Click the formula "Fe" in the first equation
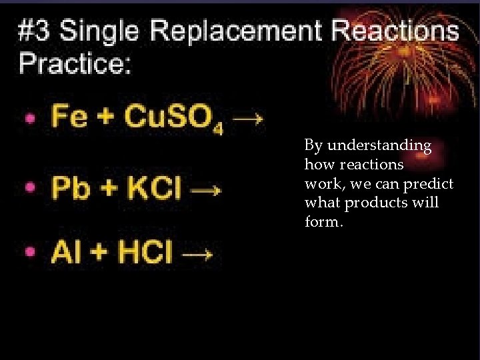click(x=69, y=117)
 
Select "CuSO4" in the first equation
click(x=175, y=118)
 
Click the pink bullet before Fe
click(x=30, y=119)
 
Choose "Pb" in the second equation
click(x=71, y=189)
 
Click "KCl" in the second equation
click(x=154, y=189)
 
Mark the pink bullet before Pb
click(x=30, y=188)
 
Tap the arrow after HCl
click(x=198, y=254)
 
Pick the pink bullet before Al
click(x=30, y=253)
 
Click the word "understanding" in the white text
click(x=379, y=145)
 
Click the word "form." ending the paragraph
click(x=324, y=221)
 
